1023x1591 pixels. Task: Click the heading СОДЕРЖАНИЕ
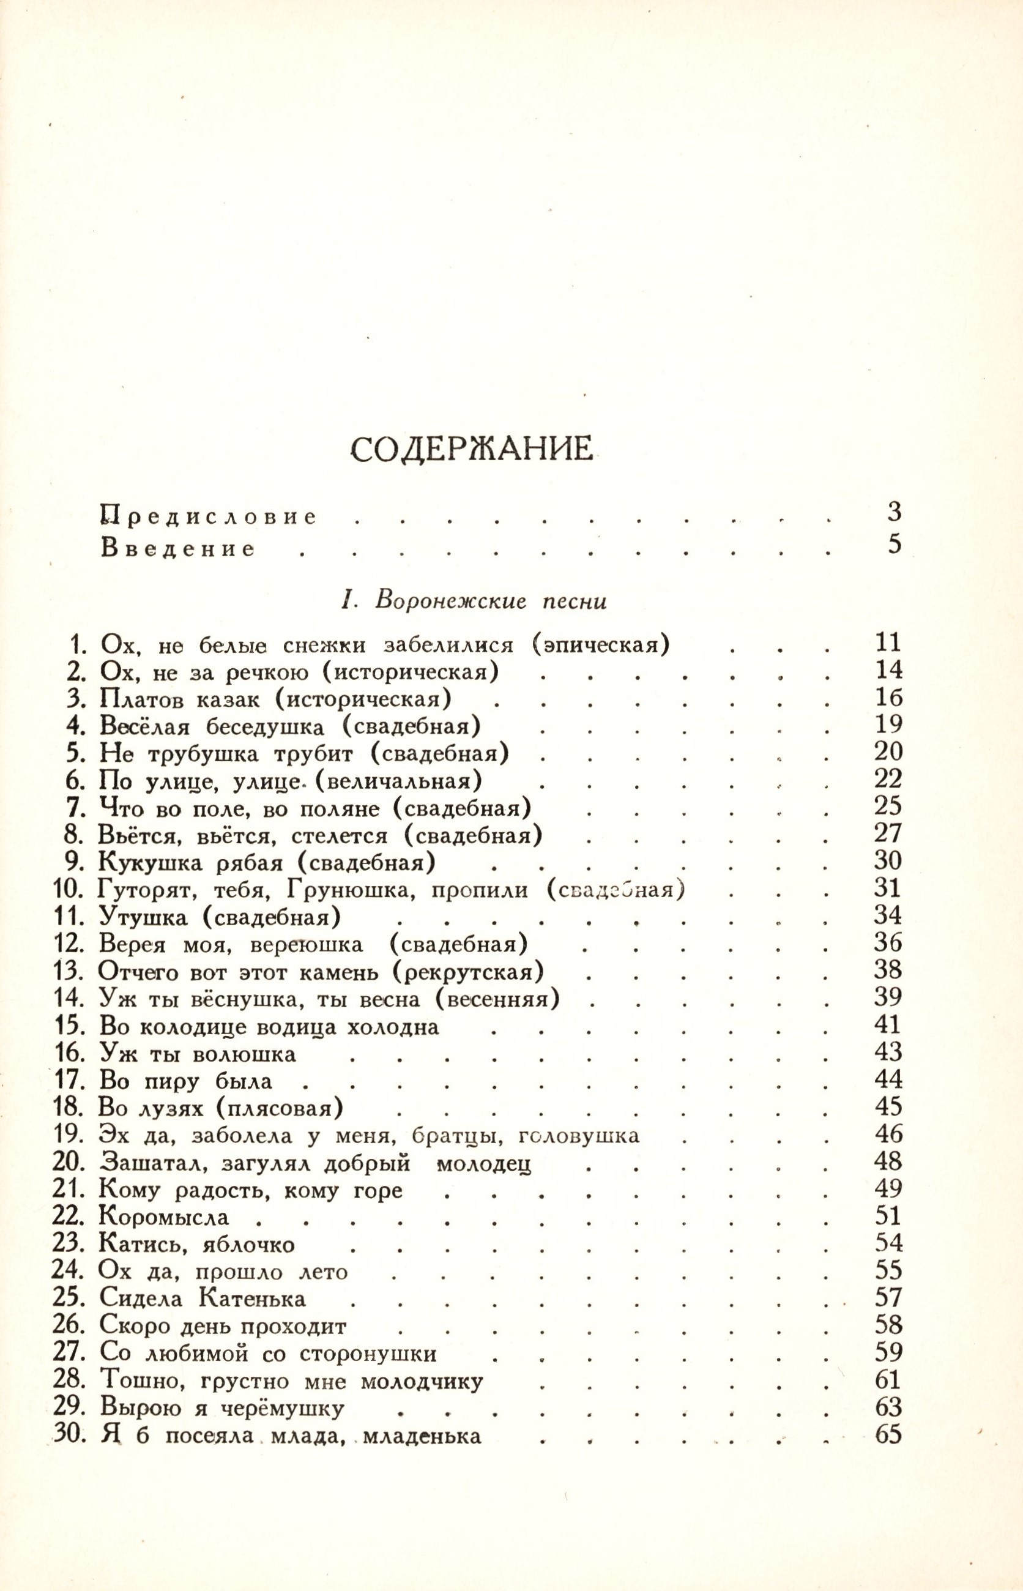click(x=471, y=450)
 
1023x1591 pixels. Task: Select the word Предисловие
click(x=209, y=516)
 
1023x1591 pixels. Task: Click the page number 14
click(x=889, y=669)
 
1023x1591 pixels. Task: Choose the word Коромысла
click(x=163, y=1217)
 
